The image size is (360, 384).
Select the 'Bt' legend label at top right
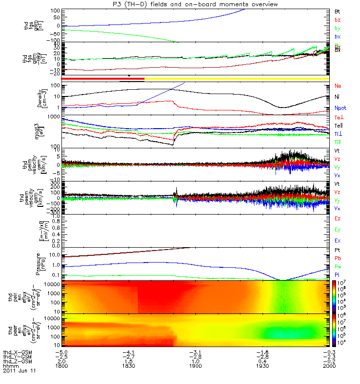click(x=337, y=11)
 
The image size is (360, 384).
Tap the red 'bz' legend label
click(x=337, y=19)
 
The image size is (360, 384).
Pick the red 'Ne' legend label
click(x=338, y=86)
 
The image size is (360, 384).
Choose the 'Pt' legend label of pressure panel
click(x=337, y=251)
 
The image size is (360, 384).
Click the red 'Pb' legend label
click(x=337, y=258)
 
